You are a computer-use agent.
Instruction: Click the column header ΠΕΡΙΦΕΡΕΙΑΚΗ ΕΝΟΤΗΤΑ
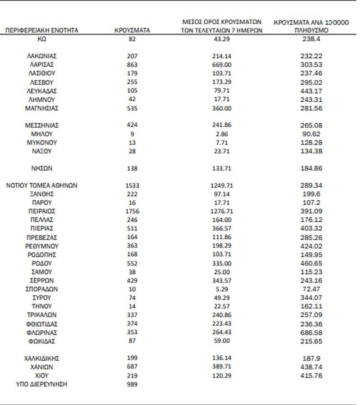coord(41,30)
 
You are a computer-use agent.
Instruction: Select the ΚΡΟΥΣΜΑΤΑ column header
coord(132,30)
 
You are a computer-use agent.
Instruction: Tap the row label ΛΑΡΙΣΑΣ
coord(41,65)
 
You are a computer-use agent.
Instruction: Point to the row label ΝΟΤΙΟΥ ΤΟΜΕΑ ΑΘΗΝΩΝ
coord(41,185)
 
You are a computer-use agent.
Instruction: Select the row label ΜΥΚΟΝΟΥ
coord(41,143)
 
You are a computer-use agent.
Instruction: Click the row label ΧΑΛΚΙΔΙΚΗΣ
coord(41,359)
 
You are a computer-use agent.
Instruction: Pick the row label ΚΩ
coord(41,39)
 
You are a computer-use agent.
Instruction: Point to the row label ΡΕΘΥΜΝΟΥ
coord(41,246)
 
